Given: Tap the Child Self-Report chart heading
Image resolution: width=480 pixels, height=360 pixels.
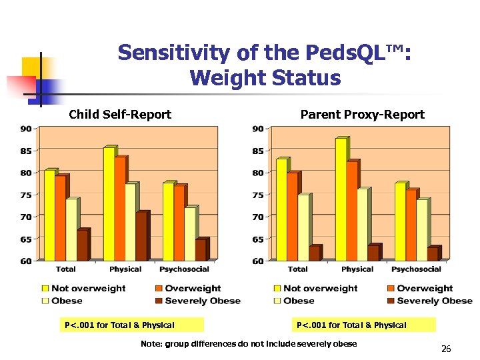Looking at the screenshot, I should (120, 115).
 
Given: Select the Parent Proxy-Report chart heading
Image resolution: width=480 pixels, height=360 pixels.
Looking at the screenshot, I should (362, 115).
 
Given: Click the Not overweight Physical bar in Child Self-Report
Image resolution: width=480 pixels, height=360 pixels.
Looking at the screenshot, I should (109, 203).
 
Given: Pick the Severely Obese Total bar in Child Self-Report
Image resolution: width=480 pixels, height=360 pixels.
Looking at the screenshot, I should (82, 245).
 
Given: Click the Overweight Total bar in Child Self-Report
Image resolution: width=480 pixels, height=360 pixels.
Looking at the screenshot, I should (60, 217).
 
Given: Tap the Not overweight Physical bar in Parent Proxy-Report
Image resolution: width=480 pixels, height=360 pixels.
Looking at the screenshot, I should (341, 199).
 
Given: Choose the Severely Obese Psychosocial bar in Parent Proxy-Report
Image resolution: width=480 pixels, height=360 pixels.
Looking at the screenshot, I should (433, 253).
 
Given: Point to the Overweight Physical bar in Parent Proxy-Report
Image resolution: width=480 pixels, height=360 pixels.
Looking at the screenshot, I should (351, 211).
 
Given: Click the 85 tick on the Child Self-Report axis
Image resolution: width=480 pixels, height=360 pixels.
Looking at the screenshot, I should (25, 151).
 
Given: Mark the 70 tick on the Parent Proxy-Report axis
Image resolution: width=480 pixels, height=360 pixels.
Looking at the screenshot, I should (257, 217).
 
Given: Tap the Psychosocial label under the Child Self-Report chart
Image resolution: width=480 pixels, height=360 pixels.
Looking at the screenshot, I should (184, 269).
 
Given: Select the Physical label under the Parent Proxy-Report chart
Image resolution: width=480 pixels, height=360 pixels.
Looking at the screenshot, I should (357, 269).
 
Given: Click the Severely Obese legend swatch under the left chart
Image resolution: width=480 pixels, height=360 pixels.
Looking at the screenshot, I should (159, 301).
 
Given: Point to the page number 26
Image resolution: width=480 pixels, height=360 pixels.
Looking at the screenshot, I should (446, 349).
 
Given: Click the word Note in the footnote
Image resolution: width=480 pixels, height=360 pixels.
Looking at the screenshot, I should (151, 344).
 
